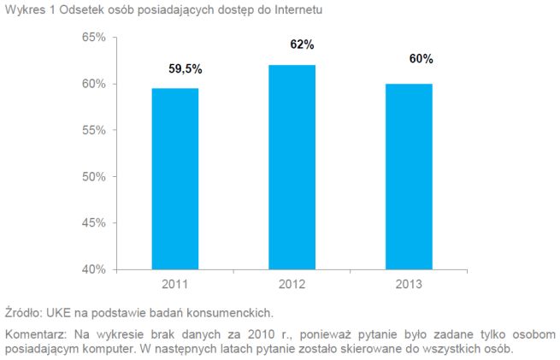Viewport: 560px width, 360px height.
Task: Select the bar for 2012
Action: (292, 167)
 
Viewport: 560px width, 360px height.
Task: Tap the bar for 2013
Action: (410, 176)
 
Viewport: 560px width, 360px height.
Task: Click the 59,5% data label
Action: (186, 69)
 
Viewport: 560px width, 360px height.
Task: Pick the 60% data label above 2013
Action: (421, 59)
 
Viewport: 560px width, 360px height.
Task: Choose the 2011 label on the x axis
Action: (175, 283)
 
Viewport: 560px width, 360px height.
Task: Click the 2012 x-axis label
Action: (292, 283)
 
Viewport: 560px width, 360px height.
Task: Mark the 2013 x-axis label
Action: (410, 283)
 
